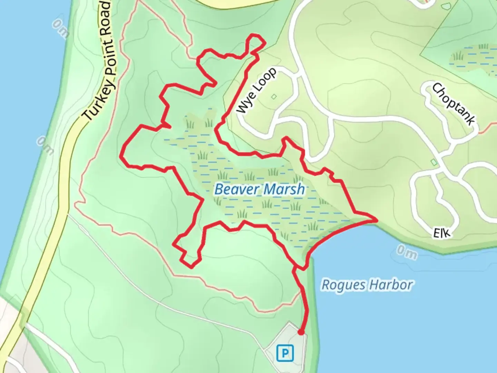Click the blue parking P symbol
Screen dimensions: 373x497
tap(285, 353)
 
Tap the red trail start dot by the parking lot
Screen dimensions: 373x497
tap(301, 332)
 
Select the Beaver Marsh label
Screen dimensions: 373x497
tap(260, 189)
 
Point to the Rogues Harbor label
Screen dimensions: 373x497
tap(367, 285)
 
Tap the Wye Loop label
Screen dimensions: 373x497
tap(257, 90)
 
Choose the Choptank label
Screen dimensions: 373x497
tap(454, 104)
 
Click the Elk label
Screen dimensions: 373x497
tap(442, 233)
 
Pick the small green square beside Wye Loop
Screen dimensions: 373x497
tap(274, 97)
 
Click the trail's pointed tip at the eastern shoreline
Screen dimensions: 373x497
tap(376, 219)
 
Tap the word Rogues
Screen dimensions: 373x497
tap(343, 285)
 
